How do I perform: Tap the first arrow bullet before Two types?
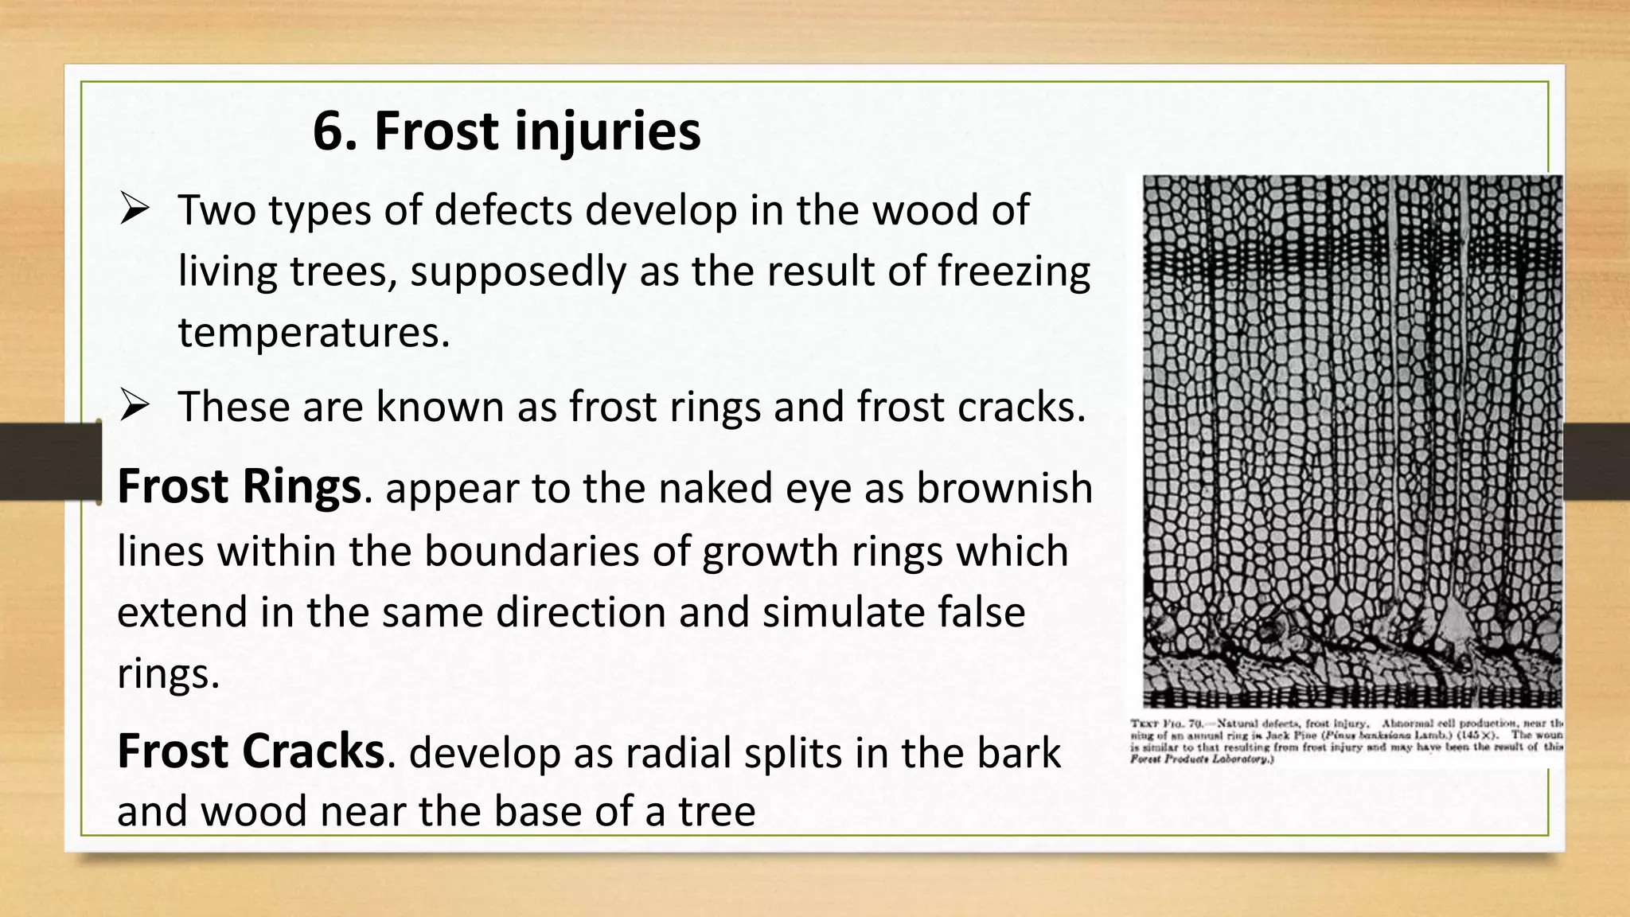click(x=135, y=210)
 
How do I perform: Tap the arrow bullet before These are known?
click(x=135, y=407)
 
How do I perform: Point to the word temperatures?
click(x=314, y=333)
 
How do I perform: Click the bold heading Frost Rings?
click(x=239, y=487)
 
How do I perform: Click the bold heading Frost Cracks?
click(x=251, y=751)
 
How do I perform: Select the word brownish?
click(x=1004, y=489)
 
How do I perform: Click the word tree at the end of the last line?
click(x=716, y=813)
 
